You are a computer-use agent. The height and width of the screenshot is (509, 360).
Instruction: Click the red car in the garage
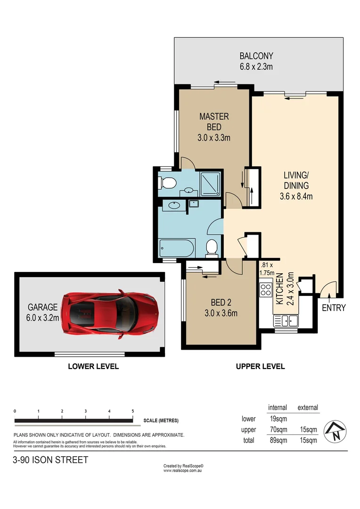(111, 313)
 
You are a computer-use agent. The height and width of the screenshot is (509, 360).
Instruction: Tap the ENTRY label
(334, 308)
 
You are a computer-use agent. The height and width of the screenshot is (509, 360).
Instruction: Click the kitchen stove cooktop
(266, 288)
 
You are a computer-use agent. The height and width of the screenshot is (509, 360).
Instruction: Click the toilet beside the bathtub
(212, 247)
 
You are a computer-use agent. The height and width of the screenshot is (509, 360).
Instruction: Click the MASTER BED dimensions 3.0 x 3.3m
(214, 138)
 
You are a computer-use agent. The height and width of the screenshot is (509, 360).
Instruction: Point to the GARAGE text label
(42, 307)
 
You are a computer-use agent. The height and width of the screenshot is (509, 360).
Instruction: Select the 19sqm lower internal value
(277, 419)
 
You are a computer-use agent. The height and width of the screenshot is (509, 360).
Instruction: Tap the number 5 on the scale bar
(133, 411)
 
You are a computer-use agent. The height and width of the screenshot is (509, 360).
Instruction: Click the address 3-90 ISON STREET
(50, 460)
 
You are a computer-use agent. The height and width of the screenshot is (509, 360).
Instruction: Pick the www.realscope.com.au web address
(183, 470)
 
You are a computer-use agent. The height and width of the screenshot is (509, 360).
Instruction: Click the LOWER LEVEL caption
(93, 366)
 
